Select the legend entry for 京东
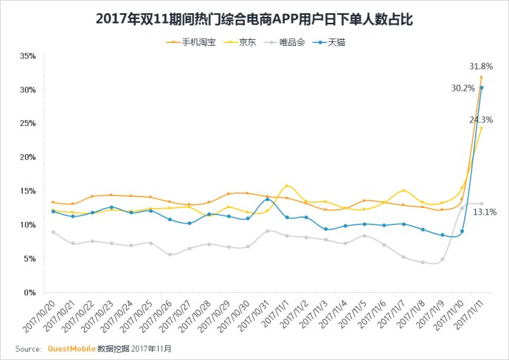pyautogui.click(x=243, y=42)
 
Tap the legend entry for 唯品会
pyautogui.click(x=288, y=42)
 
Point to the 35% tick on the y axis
pyautogui.click(x=27, y=56)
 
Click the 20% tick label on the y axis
pyautogui.click(x=27, y=157)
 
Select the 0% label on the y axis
pyautogui.click(x=30, y=293)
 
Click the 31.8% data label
pyautogui.click(x=481, y=66)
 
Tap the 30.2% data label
pyautogui.click(x=463, y=88)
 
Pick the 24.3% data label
pyautogui.click(x=481, y=120)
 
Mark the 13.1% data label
pyautogui.click(x=485, y=212)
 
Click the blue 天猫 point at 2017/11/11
pyautogui.click(x=482, y=88)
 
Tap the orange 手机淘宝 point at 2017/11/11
pyautogui.click(x=482, y=77)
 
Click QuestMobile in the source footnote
pyautogui.click(x=72, y=347)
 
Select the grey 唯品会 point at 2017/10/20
pyautogui.click(x=52, y=232)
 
